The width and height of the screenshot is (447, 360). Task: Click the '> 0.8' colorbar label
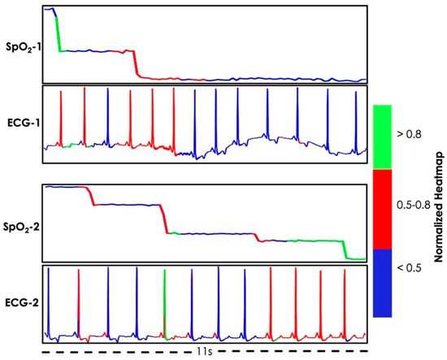point(415,137)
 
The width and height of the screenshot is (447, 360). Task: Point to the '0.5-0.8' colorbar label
point(419,208)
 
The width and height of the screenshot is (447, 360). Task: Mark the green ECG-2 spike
point(164,301)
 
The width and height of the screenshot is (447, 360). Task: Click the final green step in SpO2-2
point(354,258)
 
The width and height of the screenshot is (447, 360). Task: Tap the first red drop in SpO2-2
point(89,196)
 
